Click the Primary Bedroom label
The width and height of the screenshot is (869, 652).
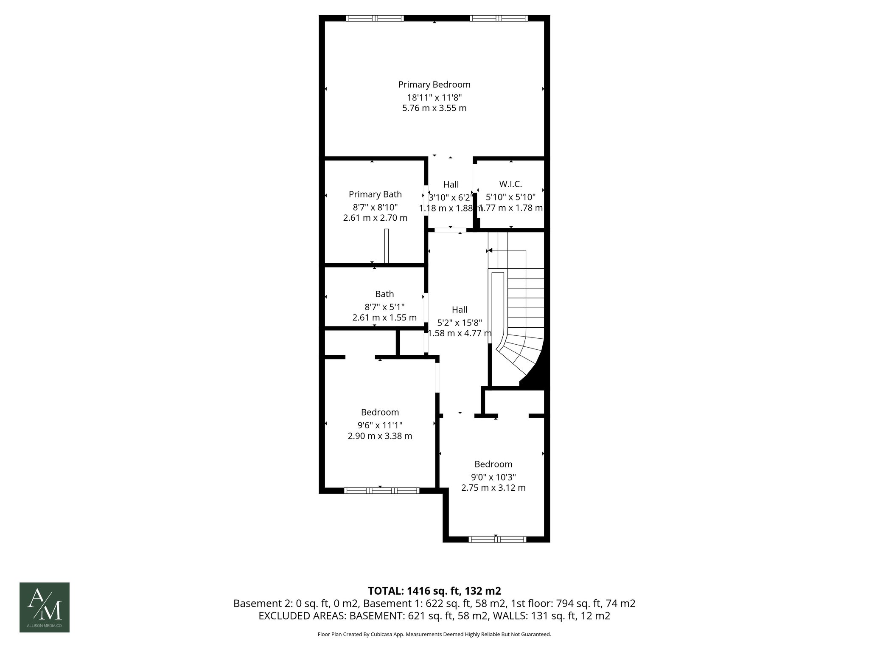coord(434,84)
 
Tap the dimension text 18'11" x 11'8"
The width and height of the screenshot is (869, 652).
coord(434,97)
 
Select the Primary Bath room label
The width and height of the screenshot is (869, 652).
coord(375,194)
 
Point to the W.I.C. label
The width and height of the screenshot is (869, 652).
coord(510,184)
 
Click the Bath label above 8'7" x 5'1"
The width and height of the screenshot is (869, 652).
coord(384,294)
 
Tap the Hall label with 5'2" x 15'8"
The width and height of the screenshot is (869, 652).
coord(460,310)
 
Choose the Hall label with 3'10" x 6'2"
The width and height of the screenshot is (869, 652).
coord(451,185)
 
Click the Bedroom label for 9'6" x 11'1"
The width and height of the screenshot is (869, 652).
coord(380,412)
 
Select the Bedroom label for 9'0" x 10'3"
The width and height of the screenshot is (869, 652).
coord(493,464)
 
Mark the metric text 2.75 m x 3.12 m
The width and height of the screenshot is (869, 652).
coord(493,488)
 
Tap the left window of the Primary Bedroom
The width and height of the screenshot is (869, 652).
coord(375,18)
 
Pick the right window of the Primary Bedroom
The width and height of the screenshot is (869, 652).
coord(499,18)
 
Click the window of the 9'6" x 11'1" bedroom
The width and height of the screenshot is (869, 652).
coord(381,491)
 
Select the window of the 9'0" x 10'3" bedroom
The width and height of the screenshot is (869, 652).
coord(497,540)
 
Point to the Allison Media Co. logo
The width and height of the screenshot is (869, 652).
coord(45,607)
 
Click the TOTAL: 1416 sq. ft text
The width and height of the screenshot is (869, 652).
coord(434,591)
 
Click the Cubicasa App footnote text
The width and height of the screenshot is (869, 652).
coord(434,635)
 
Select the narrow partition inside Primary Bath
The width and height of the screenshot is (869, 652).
coord(386,246)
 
